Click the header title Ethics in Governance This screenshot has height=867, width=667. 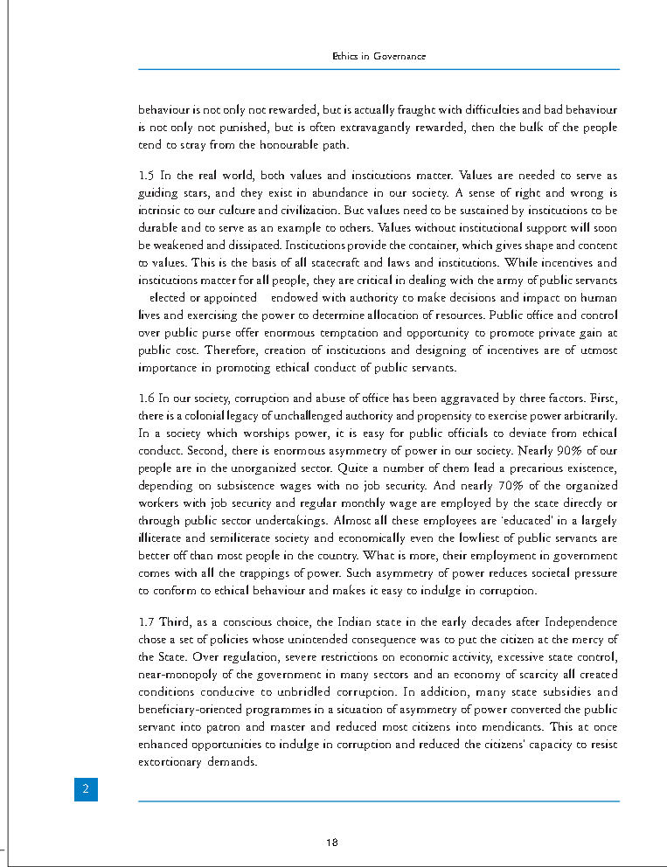tap(379, 56)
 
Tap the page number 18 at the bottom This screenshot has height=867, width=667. tap(331, 843)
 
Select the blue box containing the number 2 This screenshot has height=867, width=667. tap(86, 789)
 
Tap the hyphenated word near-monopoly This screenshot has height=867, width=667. tap(178, 674)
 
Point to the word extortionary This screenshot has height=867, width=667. tap(176, 761)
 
